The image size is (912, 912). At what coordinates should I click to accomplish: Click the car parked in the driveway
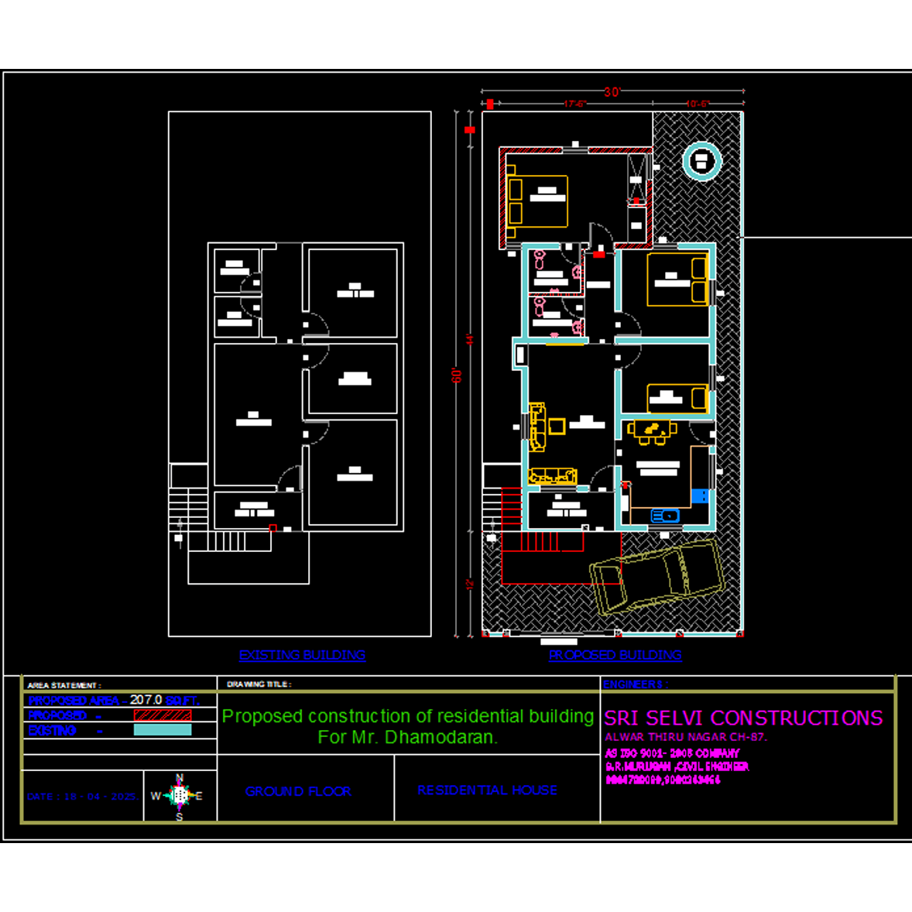coord(657,576)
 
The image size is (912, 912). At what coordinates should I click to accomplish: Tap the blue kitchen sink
coord(664,516)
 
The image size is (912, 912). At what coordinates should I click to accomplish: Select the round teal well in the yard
coord(701,161)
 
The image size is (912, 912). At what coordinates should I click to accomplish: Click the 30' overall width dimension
coord(612,92)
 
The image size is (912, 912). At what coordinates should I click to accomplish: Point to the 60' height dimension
coord(457,375)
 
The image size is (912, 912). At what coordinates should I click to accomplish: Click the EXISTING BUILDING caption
coord(302,655)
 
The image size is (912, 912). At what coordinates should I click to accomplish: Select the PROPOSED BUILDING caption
coord(615,655)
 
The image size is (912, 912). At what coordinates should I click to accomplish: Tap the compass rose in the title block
coord(180,795)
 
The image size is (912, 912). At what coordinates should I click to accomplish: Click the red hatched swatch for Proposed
coord(163,715)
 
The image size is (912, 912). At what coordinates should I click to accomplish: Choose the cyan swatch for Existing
coord(163,730)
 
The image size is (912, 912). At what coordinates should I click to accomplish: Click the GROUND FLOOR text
coord(298,791)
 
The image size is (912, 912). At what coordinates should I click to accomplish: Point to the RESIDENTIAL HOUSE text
coord(487,790)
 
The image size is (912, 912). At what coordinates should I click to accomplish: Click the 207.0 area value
coord(146,700)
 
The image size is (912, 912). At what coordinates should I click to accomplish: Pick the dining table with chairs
coord(652,430)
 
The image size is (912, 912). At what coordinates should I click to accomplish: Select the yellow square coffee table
coord(557,426)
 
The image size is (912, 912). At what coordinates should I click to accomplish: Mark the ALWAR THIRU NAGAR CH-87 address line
coord(685,737)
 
